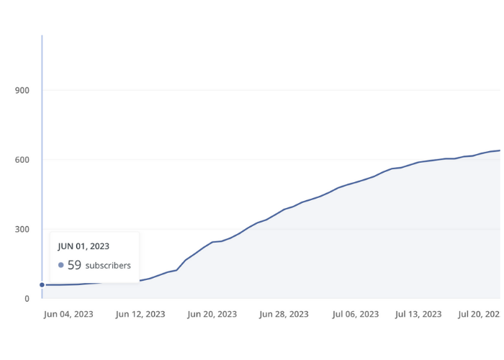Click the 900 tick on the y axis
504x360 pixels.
tap(22, 90)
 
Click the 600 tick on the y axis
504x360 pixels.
tap(22, 160)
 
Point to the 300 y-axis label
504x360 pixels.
tap(22, 230)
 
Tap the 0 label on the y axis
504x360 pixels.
tap(27, 299)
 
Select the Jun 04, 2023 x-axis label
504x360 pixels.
tap(68, 314)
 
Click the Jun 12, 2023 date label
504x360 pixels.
tap(140, 314)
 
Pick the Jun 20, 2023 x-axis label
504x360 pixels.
tap(212, 314)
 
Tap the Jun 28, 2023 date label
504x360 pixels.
tap(284, 314)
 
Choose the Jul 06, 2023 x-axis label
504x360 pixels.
tap(356, 314)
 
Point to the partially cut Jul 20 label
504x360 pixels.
tap(480, 314)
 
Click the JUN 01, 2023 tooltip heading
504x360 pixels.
tap(84, 246)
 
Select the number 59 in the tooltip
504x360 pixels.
tap(74, 265)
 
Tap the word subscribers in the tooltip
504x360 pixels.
tap(108, 266)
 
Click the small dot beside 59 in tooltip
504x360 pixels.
tap(61, 265)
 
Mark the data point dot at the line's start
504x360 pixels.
tap(42, 285)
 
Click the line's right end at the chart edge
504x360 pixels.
tap(500, 150)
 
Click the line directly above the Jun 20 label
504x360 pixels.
tap(212, 242)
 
